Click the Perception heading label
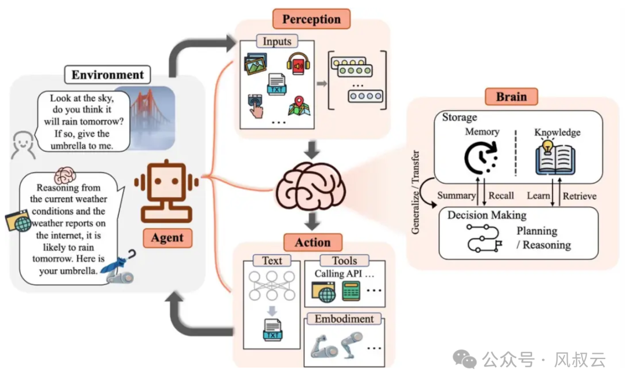pyautogui.click(x=312, y=19)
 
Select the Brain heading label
pyautogui.click(x=512, y=96)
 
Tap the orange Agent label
pyautogui.click(x=167, y=237)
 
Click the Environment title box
pyautogui.click(x=107, y=75)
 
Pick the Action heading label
pyautogui.click(x=312, y=242)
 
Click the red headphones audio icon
pyautogui.click(x=297, y=64)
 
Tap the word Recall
pyautogui.click(x=501, y=196)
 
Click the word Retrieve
pyautogui.click(x=580, y=196)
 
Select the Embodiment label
pyautogui.click(x=344, y=319)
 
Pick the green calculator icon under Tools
pyautogui.click(x=351, y=290)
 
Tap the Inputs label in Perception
pyautogui.click(x=277, y=42)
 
